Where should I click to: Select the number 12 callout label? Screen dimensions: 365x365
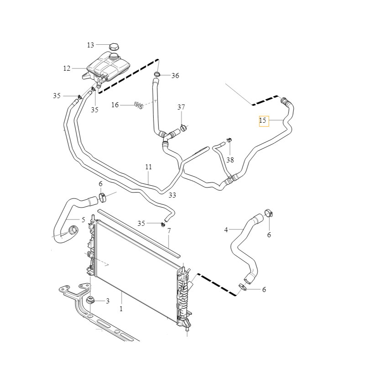tap(67, 68)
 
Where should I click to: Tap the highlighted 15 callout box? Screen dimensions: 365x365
tap(263, 121)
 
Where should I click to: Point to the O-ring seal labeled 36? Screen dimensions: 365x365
tap(157, 75)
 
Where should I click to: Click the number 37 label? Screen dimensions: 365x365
tap(181, 107)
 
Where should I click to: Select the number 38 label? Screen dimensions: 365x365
tap(230, 160)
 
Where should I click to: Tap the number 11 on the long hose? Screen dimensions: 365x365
tap(148, 167)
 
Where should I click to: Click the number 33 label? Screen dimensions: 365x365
tap(172, 195)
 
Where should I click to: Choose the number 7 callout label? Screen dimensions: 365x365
tap(169, 231)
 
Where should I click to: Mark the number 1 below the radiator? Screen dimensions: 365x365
tap(121, 309)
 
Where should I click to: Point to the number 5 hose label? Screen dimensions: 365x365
tap(83, 220)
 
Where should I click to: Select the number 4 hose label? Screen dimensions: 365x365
tap(226, 230)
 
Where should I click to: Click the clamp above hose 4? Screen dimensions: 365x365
tap(269, 213)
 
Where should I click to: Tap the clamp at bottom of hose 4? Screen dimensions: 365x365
tap(243, 287)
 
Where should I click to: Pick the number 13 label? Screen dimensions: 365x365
tap(90, 45)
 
